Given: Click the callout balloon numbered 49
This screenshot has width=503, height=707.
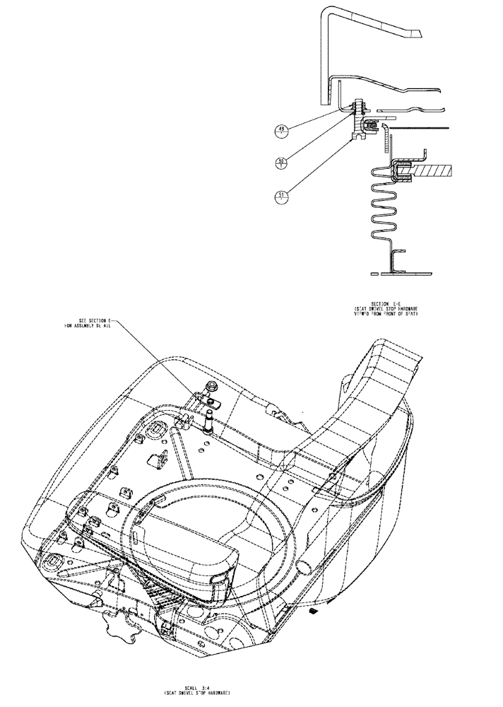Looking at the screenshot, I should point(283,130).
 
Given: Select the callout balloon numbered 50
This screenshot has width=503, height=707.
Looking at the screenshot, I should point(283,163).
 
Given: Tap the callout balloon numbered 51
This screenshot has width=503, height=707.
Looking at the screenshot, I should point(283,196).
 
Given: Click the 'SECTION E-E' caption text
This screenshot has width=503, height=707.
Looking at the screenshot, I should point(387,303).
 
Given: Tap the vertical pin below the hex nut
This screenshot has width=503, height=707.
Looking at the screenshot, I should point(210,423).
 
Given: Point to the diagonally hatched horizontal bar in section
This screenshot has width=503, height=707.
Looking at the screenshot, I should point(437,170).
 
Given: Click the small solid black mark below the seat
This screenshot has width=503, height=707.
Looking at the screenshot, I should point(314,609).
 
